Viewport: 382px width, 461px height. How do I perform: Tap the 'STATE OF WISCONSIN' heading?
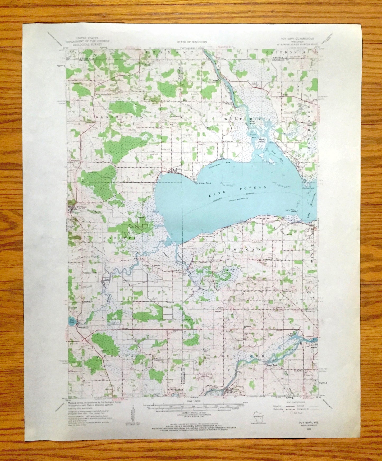191,42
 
